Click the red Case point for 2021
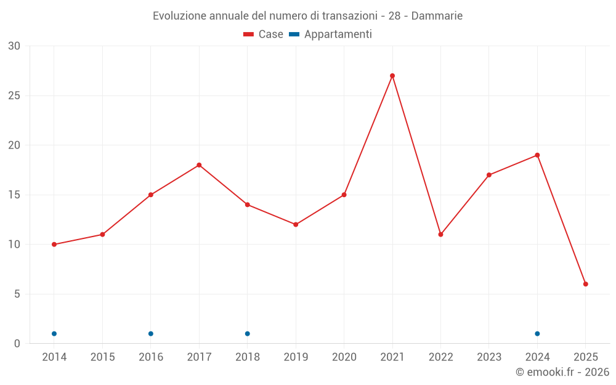click(x=392, y=76)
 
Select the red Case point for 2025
click(x=586, y=284)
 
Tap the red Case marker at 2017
click(x=199, y=165)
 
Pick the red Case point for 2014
click(x=54, y=245)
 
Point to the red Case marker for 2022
click(x=440, y=235)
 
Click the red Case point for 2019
click(x=296, y=224)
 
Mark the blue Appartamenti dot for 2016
click(x=151, y=334)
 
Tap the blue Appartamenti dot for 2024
click(x=537, y=334)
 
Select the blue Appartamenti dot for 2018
click(x=248, y=334)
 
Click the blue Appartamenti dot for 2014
click(x=54, y=334)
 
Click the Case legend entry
click(x=264, y=34)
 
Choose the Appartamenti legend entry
click(x=331, y=34)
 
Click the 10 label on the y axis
click(x=14, y=245)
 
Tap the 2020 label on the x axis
click(x=344, y=357)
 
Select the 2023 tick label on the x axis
click(x=489, y=357)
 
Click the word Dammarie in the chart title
click(x=437, y=15)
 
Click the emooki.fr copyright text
click(x=562, y=372)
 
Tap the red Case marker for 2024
click(x=537, y=155)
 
